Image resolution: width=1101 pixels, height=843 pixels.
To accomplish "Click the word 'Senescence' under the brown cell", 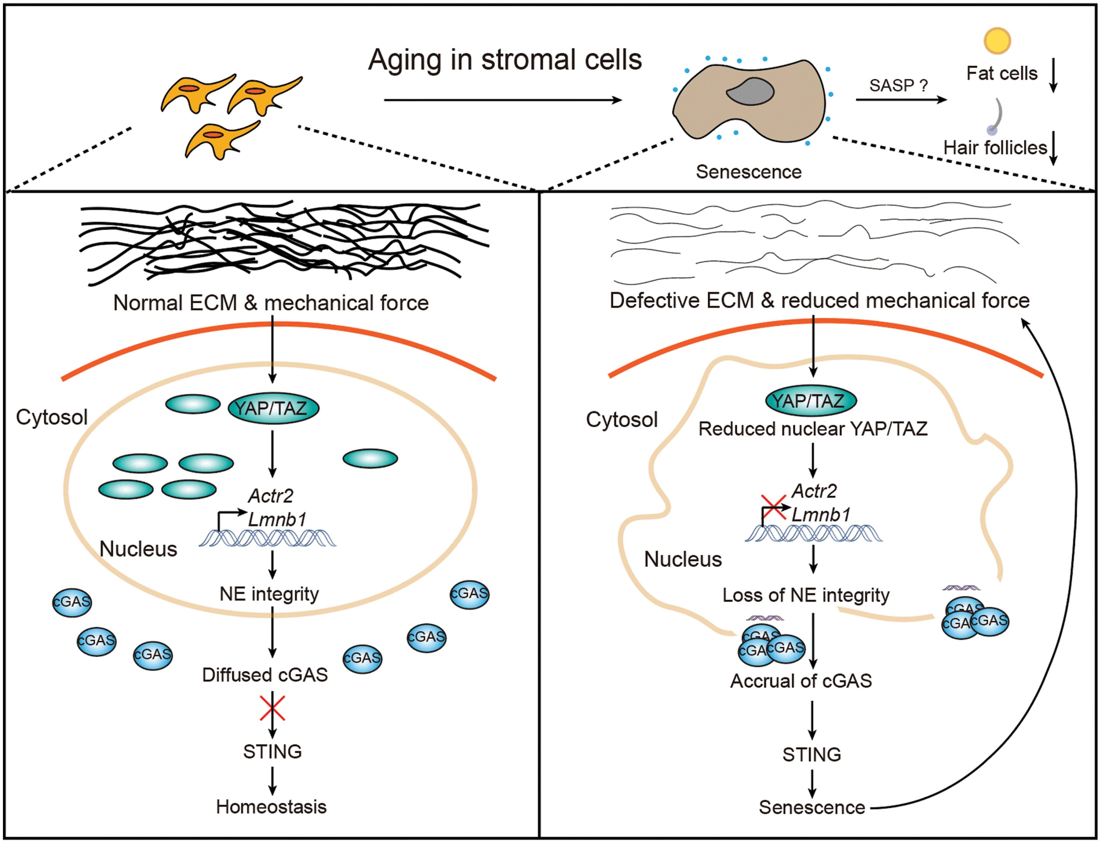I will [x=748, y=172].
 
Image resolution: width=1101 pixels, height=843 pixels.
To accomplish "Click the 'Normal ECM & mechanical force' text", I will [x=271, y=303].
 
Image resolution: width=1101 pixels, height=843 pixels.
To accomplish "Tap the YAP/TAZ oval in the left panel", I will [x=273, y=409].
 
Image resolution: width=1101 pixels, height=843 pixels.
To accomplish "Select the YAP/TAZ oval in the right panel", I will [x=811, y=400].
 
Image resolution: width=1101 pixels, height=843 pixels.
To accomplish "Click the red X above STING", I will [x=273, y=708].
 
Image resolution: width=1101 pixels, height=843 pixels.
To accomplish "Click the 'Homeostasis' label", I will [x=271, y=807].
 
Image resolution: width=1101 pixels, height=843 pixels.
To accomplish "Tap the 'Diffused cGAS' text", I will [x=265, y=675].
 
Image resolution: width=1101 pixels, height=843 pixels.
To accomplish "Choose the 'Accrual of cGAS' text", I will [x=801, y=681].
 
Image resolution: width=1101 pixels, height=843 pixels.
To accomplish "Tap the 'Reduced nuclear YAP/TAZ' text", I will [x=813, y=429].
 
